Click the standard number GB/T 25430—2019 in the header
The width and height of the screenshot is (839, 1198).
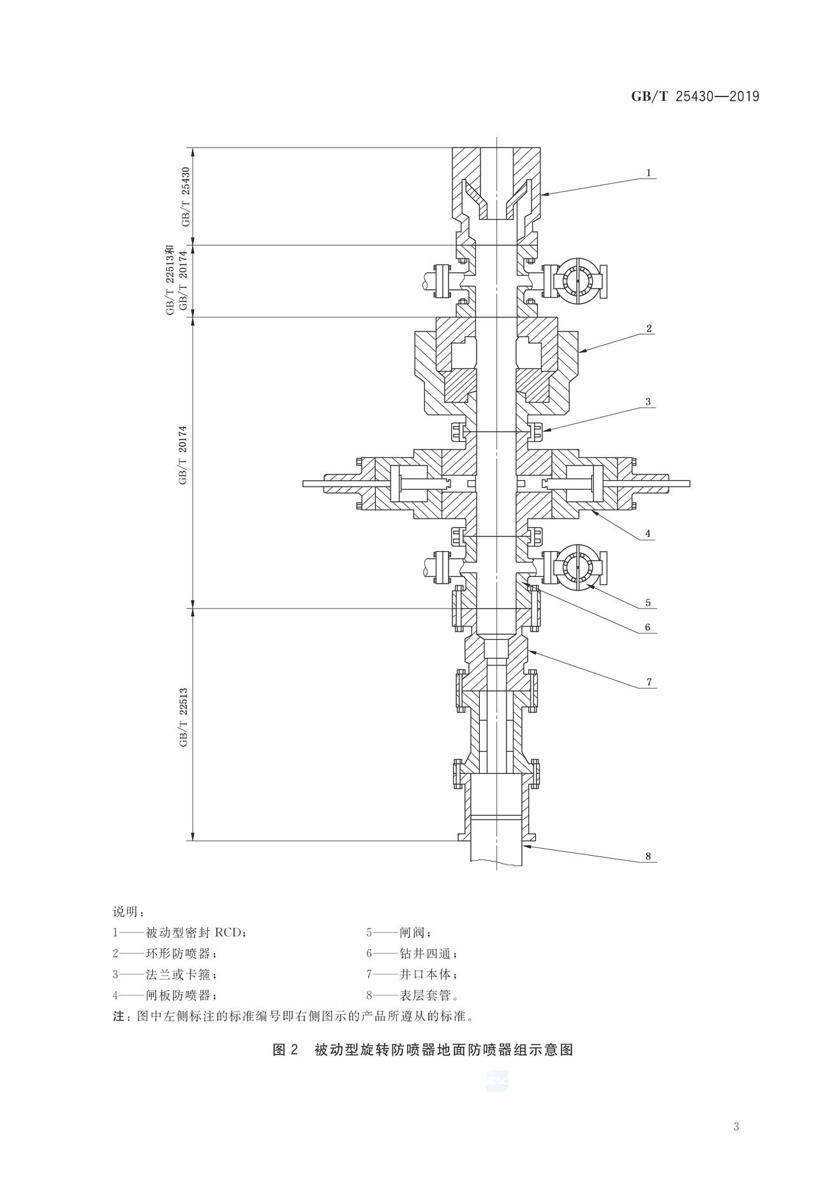click(x=695, y=96)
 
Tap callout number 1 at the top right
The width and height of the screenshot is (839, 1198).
click(x=648, y=172)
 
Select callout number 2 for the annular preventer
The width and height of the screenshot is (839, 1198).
click(x=648, y=329)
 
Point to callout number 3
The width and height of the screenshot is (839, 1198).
click(x=648, y=402)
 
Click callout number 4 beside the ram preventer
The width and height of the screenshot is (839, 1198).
click(x=648, y=533)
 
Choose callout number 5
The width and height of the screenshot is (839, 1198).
click(x=648, y=602)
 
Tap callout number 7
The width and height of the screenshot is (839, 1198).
click(x=648, y=682)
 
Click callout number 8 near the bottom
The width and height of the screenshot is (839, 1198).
click(x=648, y=856)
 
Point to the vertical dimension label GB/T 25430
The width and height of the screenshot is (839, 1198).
click(x=186, y=197)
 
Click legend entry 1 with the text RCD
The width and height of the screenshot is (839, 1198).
click(x=179, y=933)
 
